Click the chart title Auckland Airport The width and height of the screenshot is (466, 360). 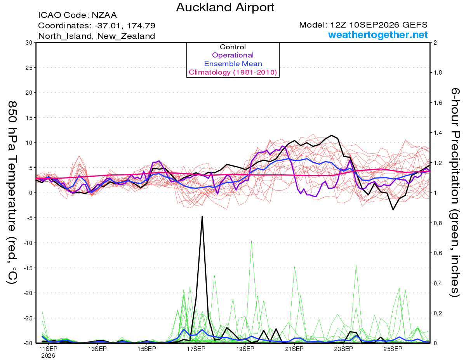pyautogui.click(x=225, y=7)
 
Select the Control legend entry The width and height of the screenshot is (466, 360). pyautogui.click(x=233, y=47)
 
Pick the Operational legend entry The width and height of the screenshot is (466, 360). pyautogui.click(x=233, y=55)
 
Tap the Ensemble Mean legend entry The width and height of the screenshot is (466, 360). pyautogui.click(x=233, y=64)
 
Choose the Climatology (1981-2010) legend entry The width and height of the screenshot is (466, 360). pyautogui.click(x=233, y=72)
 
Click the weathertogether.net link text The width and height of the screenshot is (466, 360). pyautogui.click(x=378, y=35)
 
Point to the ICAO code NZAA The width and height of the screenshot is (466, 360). pyautogui.click(x=104, y=15)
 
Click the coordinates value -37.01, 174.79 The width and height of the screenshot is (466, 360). pyautogui.click(x=125, y=26)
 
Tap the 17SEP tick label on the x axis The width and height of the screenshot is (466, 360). pyautogui.click(x=196, y=349)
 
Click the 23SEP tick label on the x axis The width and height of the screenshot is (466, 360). pyautogui.click(x=344, y=349)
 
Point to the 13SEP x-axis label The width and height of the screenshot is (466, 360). pyautogui.click(x=97, y=349)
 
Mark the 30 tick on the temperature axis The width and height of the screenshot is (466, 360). pyautogui.click(x=29, y=43)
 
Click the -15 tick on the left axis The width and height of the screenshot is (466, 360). pyautogui.click(x=28, y=268)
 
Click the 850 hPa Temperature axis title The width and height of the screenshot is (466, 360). pyautogui.click(x=12, y=193)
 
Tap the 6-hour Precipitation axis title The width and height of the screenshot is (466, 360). pyautogui.click(x=455, y=192)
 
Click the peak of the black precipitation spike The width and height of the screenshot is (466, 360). pyautogui.click(x=202, y=216)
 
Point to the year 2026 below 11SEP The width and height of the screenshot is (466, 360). pyautogui.click(x=48, y=356)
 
